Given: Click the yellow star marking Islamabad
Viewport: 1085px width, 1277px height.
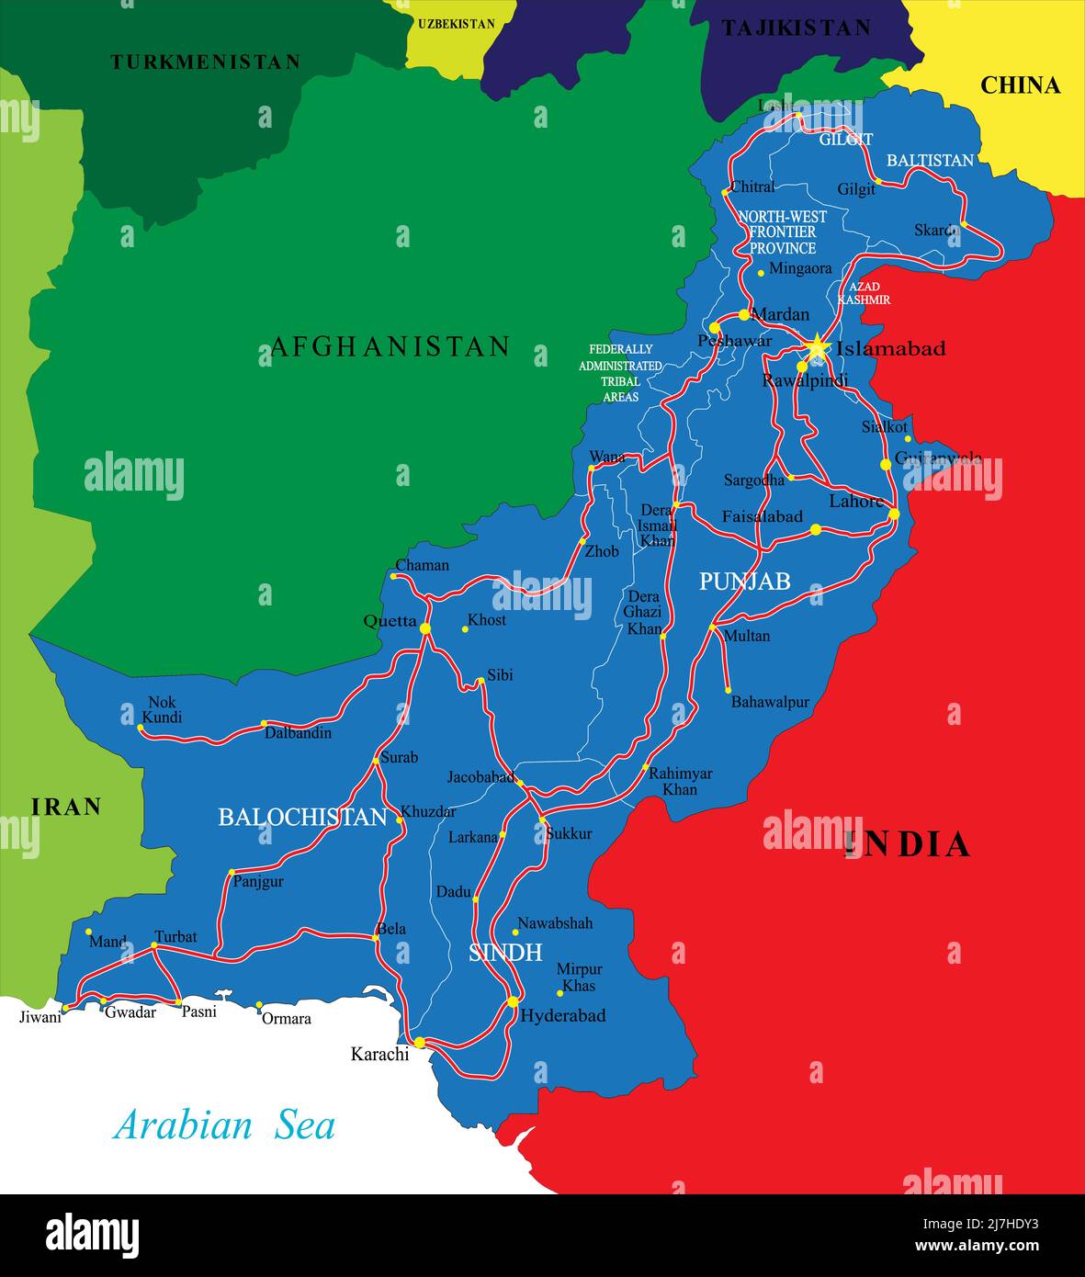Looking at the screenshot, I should (x=816, y=347).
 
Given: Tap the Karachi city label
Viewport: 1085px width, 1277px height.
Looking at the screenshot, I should (x=379, y=1054).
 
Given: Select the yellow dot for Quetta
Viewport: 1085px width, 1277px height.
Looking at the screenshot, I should (x=425, y=628).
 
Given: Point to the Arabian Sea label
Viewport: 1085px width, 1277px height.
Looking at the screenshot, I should (x=224, y=1125).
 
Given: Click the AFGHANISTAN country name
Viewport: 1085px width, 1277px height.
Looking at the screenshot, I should (x=390, y=346).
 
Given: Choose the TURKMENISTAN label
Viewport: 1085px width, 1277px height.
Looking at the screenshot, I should (x=205, y=62).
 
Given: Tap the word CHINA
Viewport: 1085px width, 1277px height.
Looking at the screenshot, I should (x=1020, y=85).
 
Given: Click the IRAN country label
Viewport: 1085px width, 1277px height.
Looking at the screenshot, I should (x=66, y=807).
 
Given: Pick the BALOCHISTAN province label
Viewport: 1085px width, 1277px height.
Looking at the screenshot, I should (x=302, y=817).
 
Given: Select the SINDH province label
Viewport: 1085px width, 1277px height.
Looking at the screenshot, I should (x=505, y=952).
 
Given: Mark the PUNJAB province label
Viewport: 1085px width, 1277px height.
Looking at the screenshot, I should (x=745, y=581).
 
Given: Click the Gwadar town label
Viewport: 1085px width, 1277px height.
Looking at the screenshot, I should (x=130, y=1012).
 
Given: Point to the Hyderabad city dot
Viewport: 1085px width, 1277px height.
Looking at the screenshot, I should (x=513, y=1001).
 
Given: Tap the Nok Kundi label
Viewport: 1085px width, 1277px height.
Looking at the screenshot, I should (x=164, y=709).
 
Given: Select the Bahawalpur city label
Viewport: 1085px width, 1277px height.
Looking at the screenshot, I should (x=770, y=702).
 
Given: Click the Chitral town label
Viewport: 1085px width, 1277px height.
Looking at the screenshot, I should (x=752, y=186).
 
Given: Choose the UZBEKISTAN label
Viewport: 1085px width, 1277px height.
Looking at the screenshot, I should (x=456, y=24).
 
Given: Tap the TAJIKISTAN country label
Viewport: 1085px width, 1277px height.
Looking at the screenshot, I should (x=796, y=28).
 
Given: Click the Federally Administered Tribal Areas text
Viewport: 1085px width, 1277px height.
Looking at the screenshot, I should (x=620, y=373).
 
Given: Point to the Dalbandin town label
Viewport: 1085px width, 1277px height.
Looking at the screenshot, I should (x=298, y=733).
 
